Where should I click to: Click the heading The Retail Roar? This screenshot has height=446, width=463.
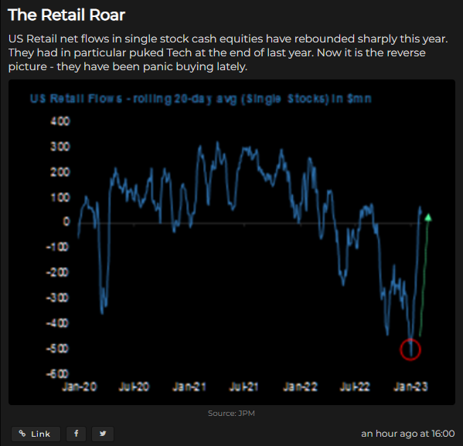click(66, 15)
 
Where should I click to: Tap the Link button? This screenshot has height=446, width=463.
click(35, 434)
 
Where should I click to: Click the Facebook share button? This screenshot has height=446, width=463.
click(76, 434)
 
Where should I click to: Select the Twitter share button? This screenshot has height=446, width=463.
click(102, 434)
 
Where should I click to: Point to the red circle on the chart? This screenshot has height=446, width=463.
click(410, 350)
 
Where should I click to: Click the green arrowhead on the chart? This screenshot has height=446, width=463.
click(428, 218)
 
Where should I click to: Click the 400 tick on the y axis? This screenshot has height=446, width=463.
click(60, 121)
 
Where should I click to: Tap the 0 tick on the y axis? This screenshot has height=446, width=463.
click(66, 222)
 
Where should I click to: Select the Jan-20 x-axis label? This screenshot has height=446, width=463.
click(80, 386)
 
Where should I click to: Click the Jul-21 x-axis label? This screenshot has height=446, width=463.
click(244, 386)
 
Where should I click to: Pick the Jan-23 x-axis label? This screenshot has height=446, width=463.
click(409, 386)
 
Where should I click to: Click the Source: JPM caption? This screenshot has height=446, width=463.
click(231, 414)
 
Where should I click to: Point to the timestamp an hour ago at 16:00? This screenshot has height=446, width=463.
click(407, 434)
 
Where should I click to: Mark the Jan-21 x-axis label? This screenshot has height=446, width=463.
click(189, 386)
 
